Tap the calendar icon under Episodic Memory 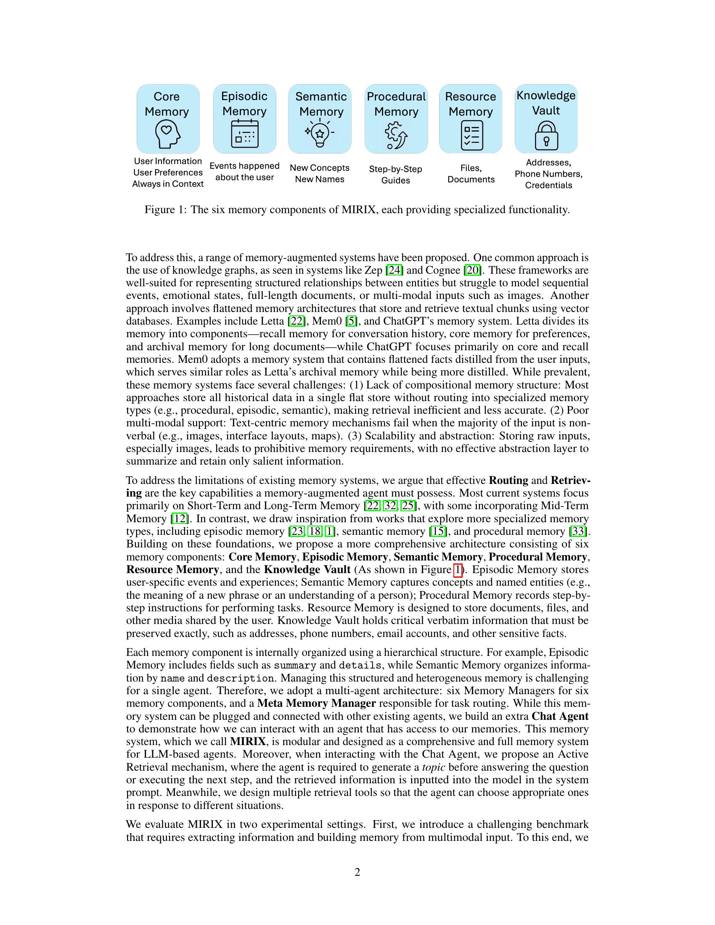tap(244, 134)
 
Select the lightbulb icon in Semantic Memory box tap(320, 134)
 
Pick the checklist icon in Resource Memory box tap(471, 136)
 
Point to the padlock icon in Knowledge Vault tap(546, 136)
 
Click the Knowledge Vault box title tap(546, 103)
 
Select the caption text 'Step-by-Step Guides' tap(395, 174)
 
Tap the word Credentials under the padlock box tap(548, 185)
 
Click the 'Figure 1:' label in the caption tap(165, 210)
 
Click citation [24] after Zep tap(395, 270)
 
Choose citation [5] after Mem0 tap(351, 321)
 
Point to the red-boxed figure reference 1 tap(458, 570)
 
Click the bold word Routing tap(508, 480)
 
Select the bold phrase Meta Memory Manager tap(316, 703)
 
